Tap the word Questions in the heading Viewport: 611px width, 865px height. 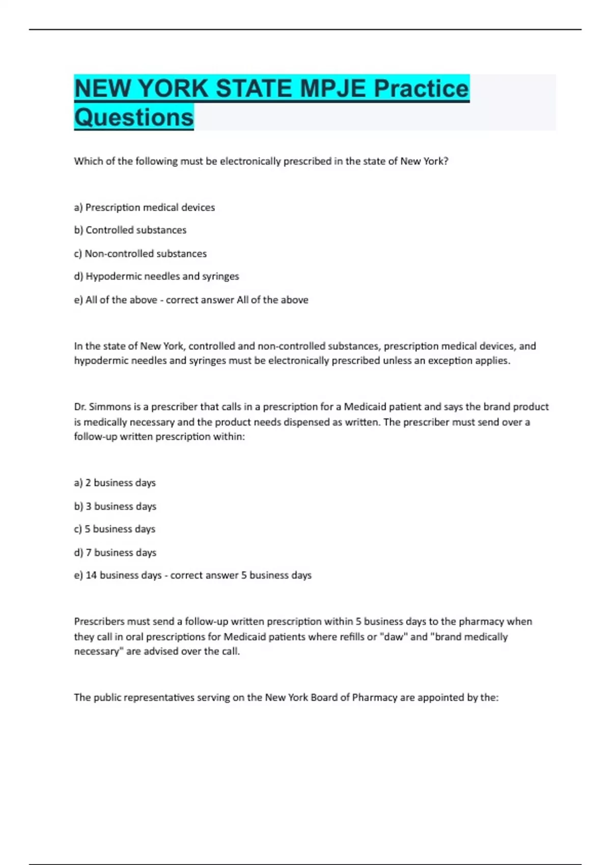tap(134, 118)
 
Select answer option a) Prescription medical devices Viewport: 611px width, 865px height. tap(145, 208)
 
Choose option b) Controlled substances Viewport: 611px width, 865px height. tap(130, 230)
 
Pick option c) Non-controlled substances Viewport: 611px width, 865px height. tap(140, 253)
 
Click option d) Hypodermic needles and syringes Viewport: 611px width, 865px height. tap(156, 276)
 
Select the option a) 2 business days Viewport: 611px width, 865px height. tap(115, 483)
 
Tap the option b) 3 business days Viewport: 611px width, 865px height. tap(115, 506)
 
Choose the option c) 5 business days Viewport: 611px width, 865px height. tap(115, 529)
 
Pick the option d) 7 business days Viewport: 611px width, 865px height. tap(115, 553)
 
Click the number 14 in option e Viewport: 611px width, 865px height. tap(91, 575)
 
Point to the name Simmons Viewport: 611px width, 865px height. tap(110, 407)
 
